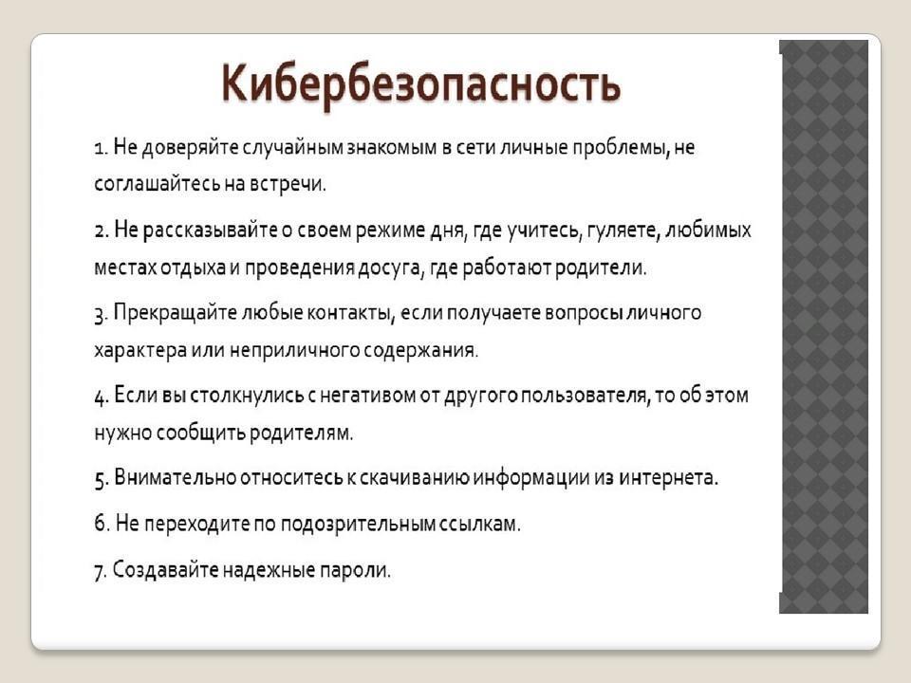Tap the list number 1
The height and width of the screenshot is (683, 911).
pos(101,148)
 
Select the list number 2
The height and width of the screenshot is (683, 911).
pos(102,231)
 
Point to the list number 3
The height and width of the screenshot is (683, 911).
pos(101,315)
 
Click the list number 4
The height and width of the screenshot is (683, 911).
pos(102,397)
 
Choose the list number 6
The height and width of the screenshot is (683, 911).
pos(102,523)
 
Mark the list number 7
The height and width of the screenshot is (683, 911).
pos(101,571)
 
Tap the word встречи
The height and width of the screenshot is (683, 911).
pos(288,184)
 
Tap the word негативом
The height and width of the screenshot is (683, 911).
pos(368,396)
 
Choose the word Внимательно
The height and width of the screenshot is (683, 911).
pos(175,477)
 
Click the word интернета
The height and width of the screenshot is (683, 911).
pos(668,477)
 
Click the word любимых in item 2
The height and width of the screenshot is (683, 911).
pos(708,231)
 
